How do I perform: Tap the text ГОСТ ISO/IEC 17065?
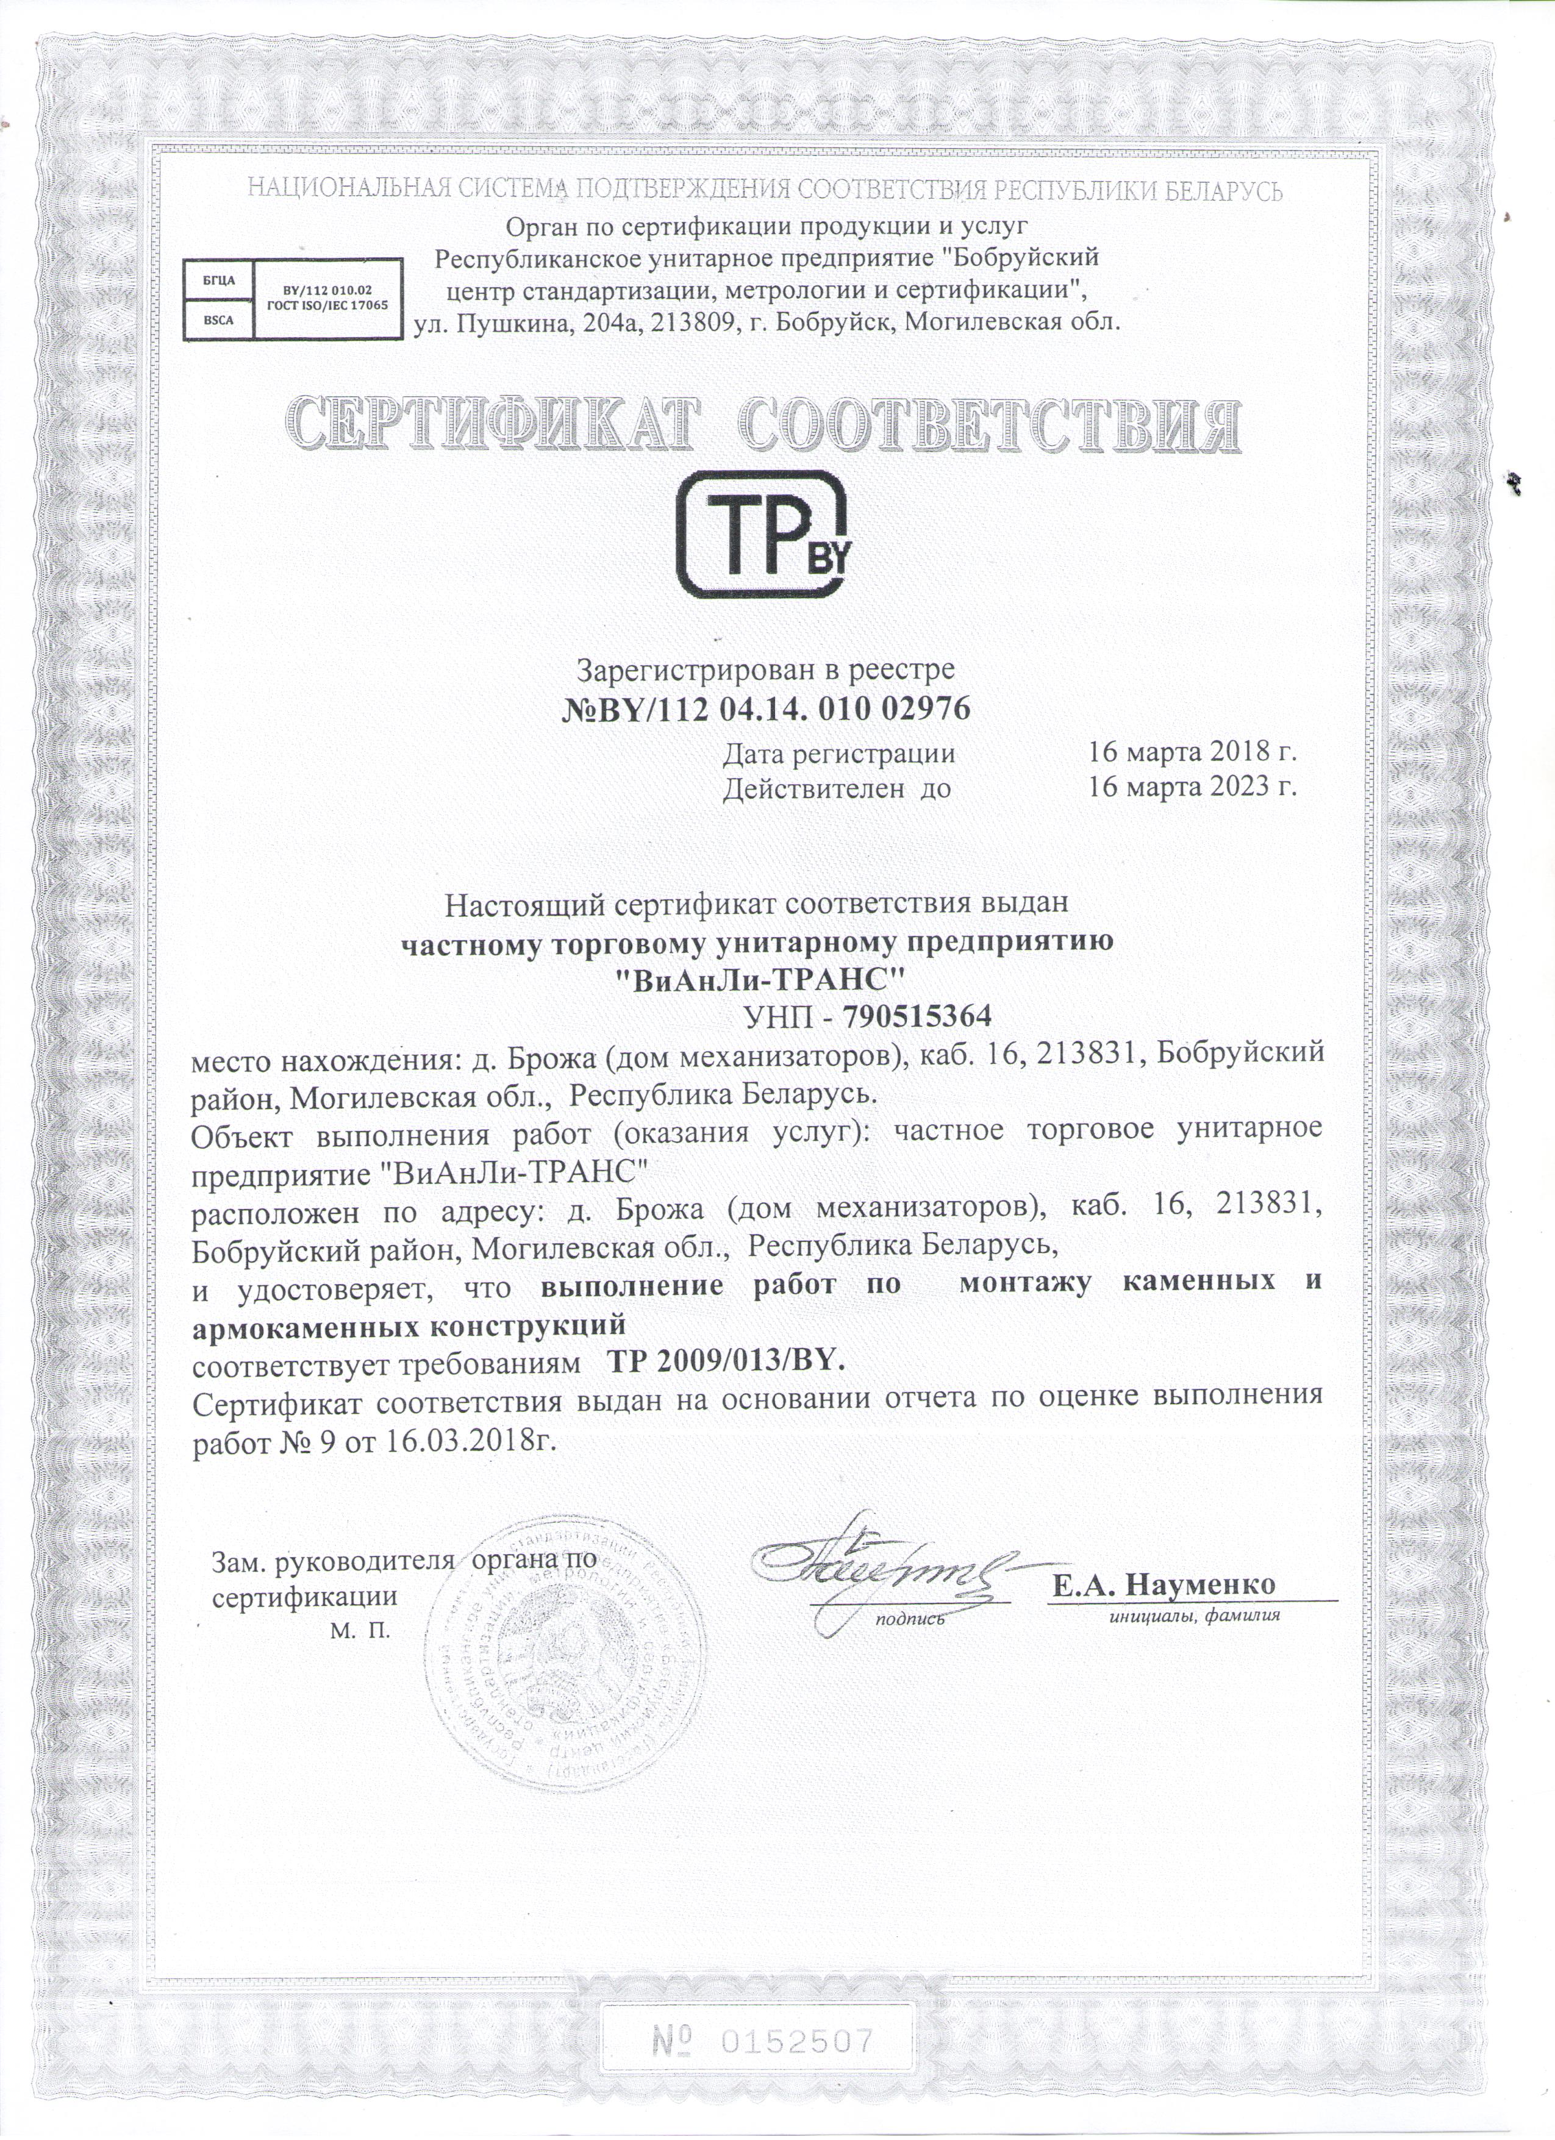point(327,305)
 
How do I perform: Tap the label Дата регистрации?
point(839,754)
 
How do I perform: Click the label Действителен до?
point(837,787)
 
